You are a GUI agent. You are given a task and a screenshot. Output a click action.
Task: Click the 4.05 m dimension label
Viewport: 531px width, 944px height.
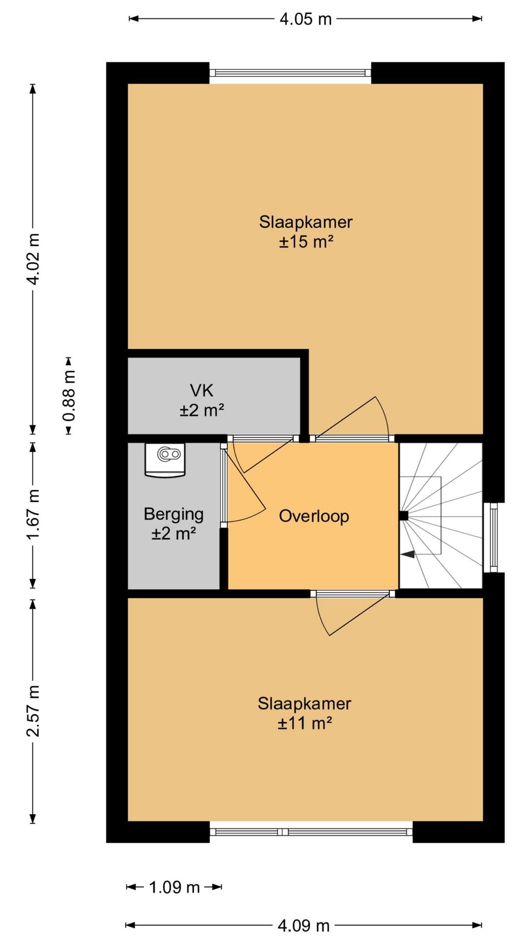coord(305,19)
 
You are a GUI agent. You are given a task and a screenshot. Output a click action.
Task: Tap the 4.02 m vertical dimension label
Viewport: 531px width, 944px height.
coord(33,259)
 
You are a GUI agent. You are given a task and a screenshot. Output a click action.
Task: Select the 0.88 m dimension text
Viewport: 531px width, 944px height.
coord(69,396)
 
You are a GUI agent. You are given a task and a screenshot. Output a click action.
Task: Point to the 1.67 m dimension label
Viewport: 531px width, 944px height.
coord(33,514)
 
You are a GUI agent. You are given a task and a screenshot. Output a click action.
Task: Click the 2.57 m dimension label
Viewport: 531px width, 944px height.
coord(33,710)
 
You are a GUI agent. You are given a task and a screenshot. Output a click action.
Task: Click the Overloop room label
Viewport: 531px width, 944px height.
coord(314,516)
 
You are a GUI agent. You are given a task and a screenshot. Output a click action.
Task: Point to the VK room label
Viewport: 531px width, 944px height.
coord(202,391)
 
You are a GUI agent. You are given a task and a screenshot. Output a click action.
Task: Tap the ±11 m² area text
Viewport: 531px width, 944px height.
coord(305,723)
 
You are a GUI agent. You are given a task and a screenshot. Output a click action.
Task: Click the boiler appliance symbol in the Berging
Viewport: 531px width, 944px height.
coord(165,460)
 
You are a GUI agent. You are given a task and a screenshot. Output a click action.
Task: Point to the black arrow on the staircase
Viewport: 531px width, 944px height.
coord(408,554)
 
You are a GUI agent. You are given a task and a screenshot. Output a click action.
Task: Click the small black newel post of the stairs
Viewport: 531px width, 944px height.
coord(404,516)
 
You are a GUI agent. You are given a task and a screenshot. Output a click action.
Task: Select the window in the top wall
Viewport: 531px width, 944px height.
coord(290,73)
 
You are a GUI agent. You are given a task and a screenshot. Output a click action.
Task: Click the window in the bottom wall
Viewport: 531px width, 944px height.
coord(311,832)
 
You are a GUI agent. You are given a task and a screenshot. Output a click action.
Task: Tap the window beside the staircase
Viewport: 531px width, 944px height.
coord(493,537)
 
